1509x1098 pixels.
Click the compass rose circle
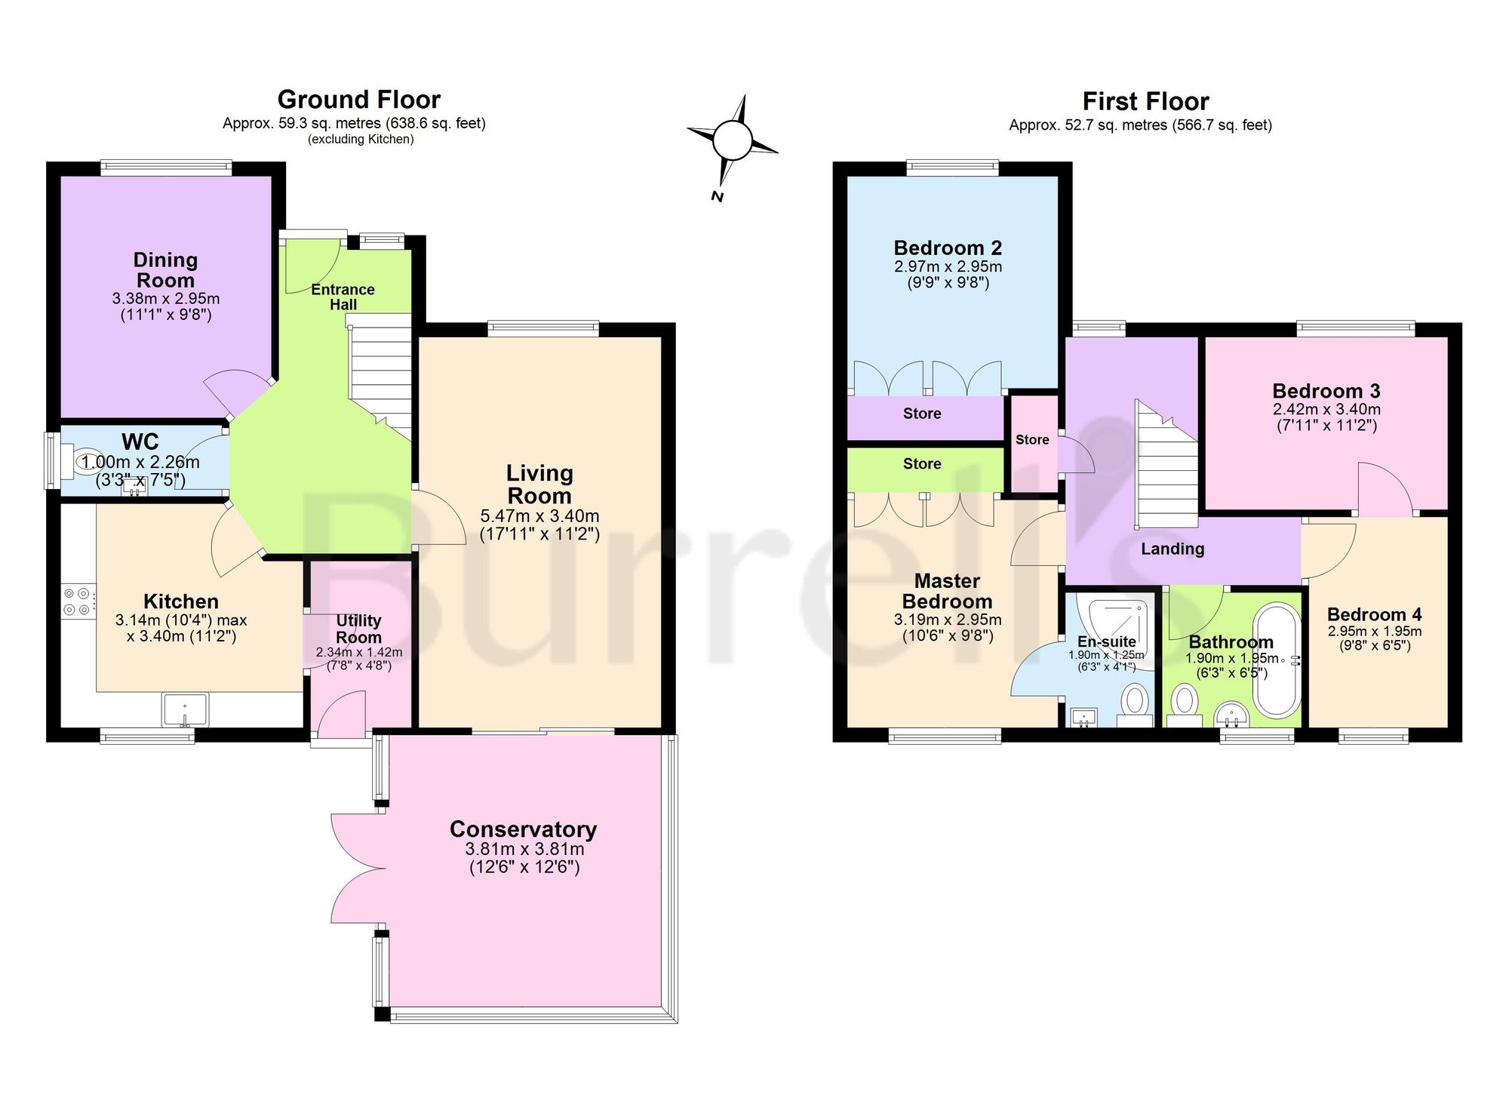pos(733,140)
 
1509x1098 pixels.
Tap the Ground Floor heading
pos(359,100)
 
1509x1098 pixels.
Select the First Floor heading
pos(1145,101)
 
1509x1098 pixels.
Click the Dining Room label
pos(165,270)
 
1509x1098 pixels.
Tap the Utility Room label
pos(358,629)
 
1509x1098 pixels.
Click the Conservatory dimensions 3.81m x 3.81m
pos(524,849)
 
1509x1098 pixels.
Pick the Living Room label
pos(539,484)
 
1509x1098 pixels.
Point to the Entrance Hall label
pos(343,297)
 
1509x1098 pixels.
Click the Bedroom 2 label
pos(948,248)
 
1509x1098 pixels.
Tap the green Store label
pos(922,464)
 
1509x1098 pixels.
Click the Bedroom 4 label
pos(1374,614)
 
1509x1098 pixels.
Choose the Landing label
pos(1172,549)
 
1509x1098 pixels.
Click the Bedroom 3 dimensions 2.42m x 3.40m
pos(1326,410)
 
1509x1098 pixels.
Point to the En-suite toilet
pos(1135,704)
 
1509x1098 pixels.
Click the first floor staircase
pos(1166,465)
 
